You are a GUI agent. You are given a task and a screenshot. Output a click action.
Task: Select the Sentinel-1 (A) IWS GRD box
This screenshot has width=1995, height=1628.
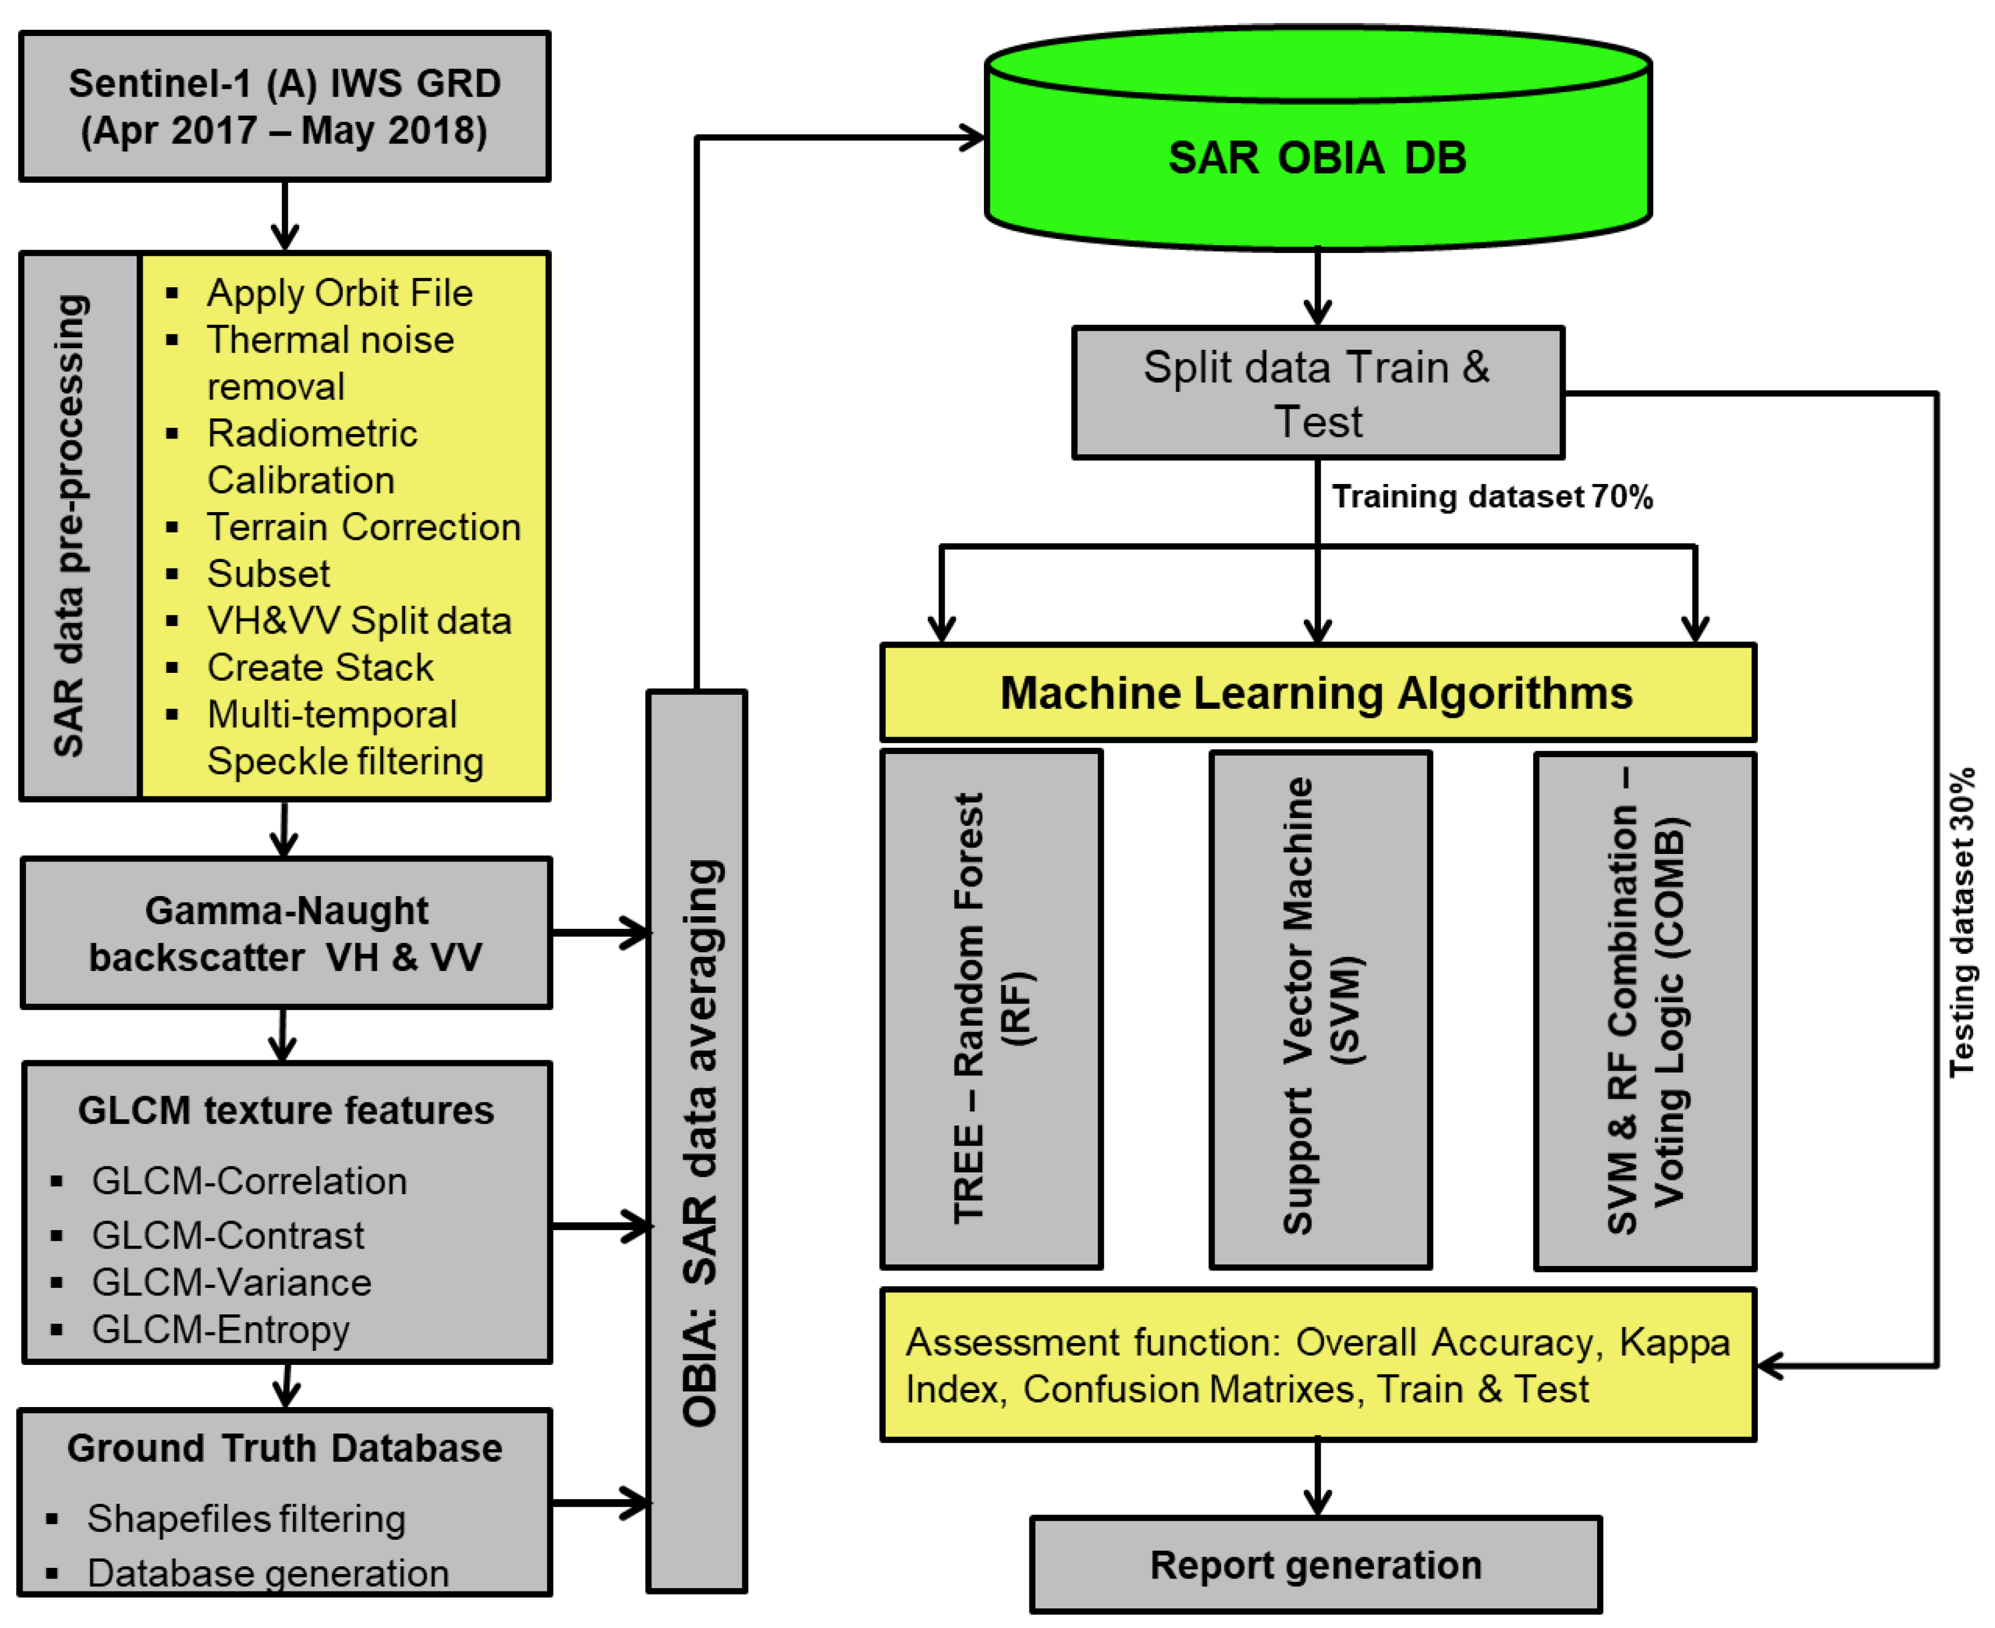tap(284, 106)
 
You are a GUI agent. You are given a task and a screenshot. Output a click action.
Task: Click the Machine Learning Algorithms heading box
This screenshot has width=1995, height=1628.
tap(1317, 693)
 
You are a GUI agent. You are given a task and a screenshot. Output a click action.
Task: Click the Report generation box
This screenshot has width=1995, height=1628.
tap(1316, 1565)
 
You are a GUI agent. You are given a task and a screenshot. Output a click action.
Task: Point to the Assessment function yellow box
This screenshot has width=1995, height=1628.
tap(1317, 1365)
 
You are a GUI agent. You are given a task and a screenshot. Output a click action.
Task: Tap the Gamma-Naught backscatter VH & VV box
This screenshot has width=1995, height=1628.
tap(286, 933)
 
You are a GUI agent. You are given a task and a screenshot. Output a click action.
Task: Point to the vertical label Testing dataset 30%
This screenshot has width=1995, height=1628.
tap(1961, 923)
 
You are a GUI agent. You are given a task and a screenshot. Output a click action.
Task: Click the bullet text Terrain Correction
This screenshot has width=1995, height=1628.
tap(363, 527)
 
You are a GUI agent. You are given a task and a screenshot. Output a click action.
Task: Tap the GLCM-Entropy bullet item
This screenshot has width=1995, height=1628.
tap(220, 1329)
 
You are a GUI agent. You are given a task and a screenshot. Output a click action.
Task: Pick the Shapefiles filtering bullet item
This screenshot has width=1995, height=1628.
tap(246, 1518)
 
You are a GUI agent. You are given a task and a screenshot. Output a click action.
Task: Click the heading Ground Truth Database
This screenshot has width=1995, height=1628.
tap(284, 1448)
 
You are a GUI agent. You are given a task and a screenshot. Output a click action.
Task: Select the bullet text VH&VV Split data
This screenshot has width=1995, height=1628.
tap(359, 621)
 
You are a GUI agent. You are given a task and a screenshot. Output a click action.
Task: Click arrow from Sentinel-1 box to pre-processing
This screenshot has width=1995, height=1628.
tap(285, 216)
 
